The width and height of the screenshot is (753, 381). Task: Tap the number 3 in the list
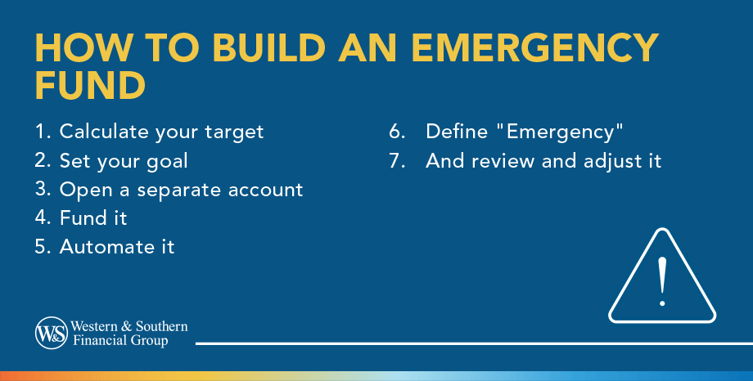(43, 190)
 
